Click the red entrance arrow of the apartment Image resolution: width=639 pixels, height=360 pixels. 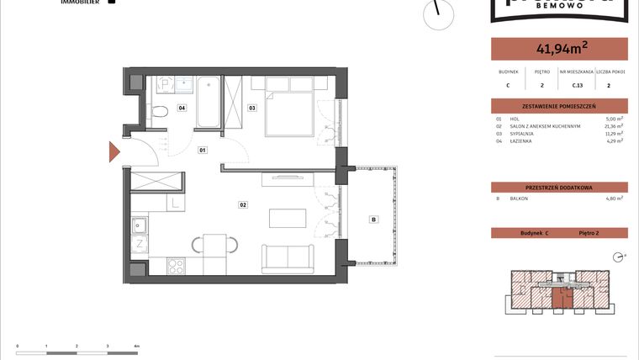coord(115,152)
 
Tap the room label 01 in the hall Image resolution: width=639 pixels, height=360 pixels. coord(203,151)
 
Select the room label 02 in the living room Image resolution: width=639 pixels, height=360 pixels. coord(242,204)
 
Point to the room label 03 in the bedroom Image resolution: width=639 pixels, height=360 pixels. coord(251,108)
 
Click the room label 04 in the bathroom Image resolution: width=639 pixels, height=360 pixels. coord(182,108)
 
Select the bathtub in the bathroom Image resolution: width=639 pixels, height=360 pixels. coord(209,103)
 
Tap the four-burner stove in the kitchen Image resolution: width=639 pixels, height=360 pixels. coord(177,266)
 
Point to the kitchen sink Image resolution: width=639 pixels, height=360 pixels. coord(140,225)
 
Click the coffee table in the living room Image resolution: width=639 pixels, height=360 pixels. coord(287,218)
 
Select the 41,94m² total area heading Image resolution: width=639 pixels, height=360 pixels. coord(559,49)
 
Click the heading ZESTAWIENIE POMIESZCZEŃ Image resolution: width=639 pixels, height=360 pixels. coord(559,106)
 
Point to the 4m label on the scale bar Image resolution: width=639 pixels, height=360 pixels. coord(137,346)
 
